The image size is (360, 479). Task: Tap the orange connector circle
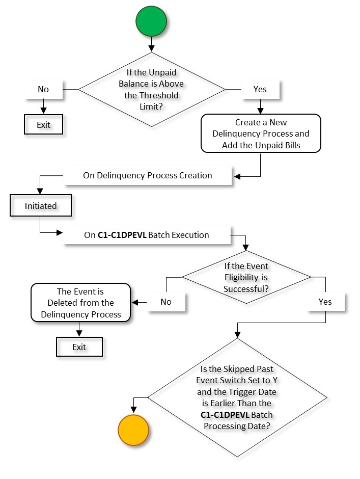pos(133,429)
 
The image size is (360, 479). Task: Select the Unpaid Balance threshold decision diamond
pos(151,89)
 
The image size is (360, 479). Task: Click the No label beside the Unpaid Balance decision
pos(43,89)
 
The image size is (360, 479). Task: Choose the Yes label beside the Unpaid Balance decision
pos(260,89)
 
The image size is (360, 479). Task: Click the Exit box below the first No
pos(43,124)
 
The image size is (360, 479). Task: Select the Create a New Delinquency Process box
pos(261,134)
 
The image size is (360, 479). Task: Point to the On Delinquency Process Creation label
pos(147,175)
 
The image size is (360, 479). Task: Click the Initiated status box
pos(41,206)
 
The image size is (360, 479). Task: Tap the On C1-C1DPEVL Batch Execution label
pos(147,235)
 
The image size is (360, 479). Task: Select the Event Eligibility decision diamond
pos(246,277)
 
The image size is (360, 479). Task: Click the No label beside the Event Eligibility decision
pos(166,301)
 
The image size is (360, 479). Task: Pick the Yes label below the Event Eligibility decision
pos(325,301)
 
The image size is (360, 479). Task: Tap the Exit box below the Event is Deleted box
pos(79,347)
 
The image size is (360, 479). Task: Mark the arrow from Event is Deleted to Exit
pos(79,330)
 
